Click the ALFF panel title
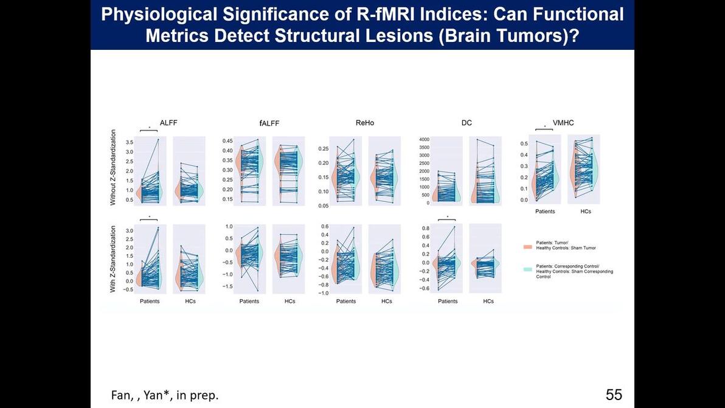pyautogui.click(x=168, y=123)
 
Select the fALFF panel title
pyautogui.click(x=269, y=123)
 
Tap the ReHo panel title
pyautogui.click(x=365, y=123)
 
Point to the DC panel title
pyautogui.click(x=467, y=123)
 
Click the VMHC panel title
pyautogui.click(x=563, y=123)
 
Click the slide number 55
pyautogui.click(x=614, y=395)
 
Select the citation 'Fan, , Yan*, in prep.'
pyautogui.click(x=164, y=395)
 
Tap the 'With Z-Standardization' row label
pyautogui.click(x=113, y=259)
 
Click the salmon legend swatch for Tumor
pyautogui.click(x=527, y=247)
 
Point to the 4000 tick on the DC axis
pyautogui.click(x=424, y=139)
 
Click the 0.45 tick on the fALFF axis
pyautogui.click(x=226, y=140)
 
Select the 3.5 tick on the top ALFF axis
pyautogui.click(x=129, y=142)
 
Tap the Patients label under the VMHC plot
pyautogui.click(x=545, y=212)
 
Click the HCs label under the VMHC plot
pyautogui.click(x=586, y=212)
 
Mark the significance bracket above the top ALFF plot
pyautogui.click(x=149, y=129)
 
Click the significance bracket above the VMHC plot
pyautogui.click(x=544, y=128)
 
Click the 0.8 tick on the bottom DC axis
pyautogui.click(x=426, y=229)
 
